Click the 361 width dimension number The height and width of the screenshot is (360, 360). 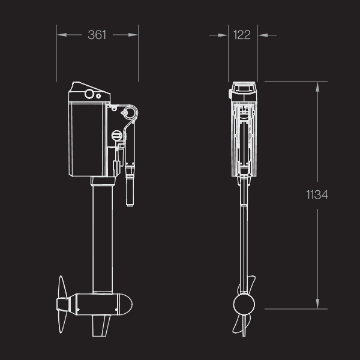click(x=97, y=35)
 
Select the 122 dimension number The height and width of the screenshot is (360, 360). click(x=242, y=35)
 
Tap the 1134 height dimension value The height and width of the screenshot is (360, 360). click(x=317, y=195)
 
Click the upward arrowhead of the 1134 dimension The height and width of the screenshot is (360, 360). click(x=317, y=87)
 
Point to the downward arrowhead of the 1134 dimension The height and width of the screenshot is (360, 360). click(x=317, y=304)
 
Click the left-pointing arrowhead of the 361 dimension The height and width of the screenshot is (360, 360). click(x=62, y=35)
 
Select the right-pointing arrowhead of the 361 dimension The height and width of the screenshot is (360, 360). click(x=133, y=35)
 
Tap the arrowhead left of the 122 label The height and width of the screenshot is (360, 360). click(x=223, y=35)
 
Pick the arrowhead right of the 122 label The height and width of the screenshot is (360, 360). click(x=263, y=35)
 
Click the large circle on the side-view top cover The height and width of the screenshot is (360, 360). click(x=89, y=94)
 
